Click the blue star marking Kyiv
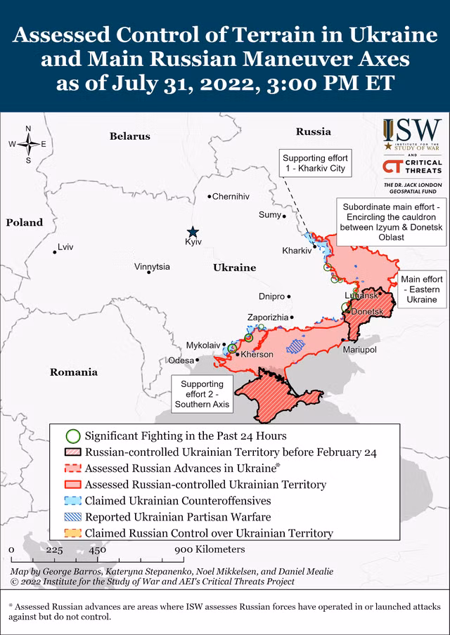coord(193,233)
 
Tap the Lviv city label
coord(65,247)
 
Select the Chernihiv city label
coord(231,197)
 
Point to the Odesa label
coord(181,360)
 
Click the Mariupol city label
coord(359,349)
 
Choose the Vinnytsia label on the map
coord(152,267)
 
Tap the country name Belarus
coord(130,136)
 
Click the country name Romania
coord(73,372)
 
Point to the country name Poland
coord(25,223)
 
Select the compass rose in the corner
coord(28,144)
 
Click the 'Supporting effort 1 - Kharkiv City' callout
coord(316,163)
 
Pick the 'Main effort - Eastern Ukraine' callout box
coord(422,289)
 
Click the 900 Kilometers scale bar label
coord(210,549)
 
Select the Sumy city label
coord(269,215)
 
